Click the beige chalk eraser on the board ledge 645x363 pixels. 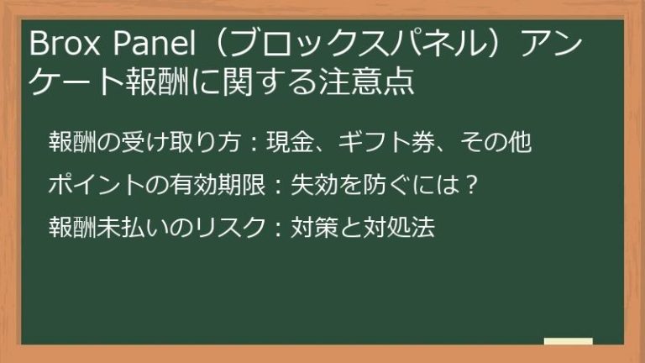(568, 341)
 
